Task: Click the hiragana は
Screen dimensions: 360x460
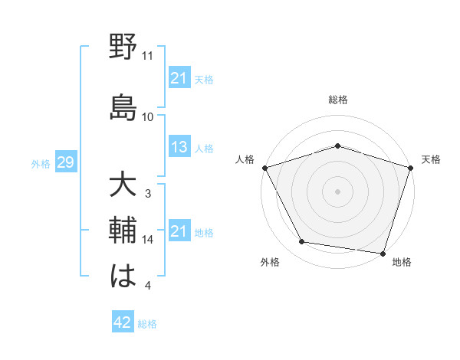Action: tap(123, 275)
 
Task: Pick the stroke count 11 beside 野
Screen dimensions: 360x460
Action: tap(148, 56)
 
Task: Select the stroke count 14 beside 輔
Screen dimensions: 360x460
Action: tap(148, 240)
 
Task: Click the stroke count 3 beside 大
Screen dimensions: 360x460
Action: tap(148, 194)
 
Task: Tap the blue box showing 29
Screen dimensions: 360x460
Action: tap(65, 162)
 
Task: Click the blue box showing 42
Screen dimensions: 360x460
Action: tap(123, 323)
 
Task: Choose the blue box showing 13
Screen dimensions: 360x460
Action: tap(179, 147)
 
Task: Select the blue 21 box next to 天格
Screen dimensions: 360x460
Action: tap(179, 78)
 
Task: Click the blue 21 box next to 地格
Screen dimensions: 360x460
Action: tap(179, 231)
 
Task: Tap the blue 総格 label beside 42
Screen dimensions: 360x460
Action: tap(147, 324)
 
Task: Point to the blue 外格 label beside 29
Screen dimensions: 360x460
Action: tap(41, 163)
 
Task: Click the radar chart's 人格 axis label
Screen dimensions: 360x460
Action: tap(245, 159)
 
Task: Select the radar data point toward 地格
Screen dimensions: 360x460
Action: tap(383, 253)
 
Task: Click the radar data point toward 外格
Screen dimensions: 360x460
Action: tap(302, 243)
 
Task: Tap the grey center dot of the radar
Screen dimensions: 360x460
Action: tap(337, 191)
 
